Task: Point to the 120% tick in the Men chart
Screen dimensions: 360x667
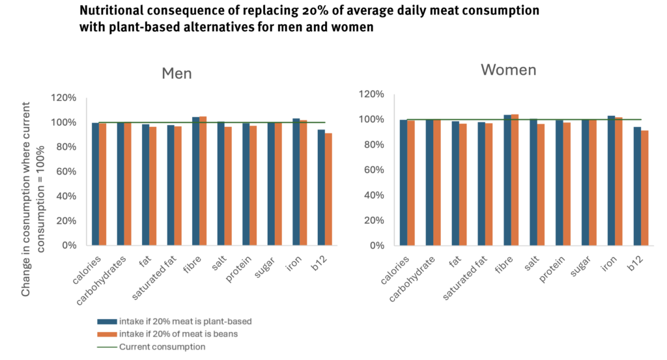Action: (64, 98)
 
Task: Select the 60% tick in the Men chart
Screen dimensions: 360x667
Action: (64, 172)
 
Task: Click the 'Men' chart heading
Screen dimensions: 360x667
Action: (177, 73)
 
